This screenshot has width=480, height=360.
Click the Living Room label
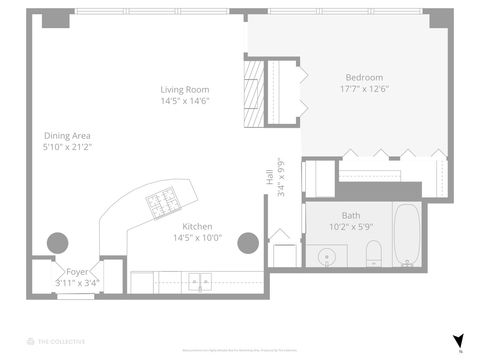pyautogui.click(x=181, y=89)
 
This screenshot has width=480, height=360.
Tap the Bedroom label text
pyautogui.click(x=364, y=77)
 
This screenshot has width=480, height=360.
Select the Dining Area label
pyautogui.click(x=67, y=136)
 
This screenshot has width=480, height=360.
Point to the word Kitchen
pyautogui.click(x=197, y=226)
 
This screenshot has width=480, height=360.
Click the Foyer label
pyautogui.click(x=77, y=271)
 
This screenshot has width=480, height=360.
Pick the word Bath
pyautogui.click(x=350, y=215)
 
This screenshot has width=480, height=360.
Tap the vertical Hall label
pyautogui.click(x=270, y=177)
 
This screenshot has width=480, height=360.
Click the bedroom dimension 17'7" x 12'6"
pyautogui.click(x=364, y=88)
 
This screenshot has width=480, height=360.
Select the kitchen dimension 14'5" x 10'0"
pyautogui.click(x=197, y=237)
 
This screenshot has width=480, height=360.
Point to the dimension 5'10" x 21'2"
pyautogui.click(x=67, y=147)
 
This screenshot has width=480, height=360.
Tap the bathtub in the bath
pyautogui.click(x=407, y=235)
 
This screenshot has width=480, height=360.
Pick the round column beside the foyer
pyautogui.click(x=58, y=242)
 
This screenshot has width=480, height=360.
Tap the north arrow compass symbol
pyautogui.click(x=459, y=340)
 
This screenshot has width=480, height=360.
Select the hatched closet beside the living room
pyautogui.click(x=255, y=95)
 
